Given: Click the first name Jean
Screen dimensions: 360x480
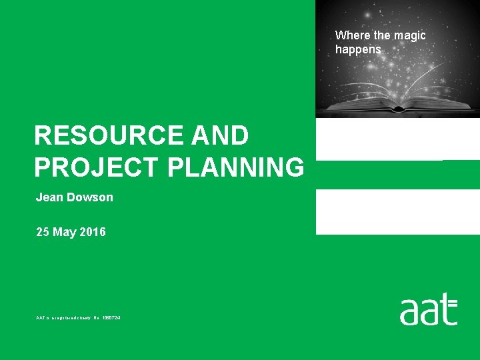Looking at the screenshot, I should point(48,197).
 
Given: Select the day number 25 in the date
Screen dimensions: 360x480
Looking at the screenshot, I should point(43,232).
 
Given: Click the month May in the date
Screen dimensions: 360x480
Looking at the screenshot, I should point(66,232).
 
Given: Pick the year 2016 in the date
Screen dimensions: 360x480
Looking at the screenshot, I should point(93,232).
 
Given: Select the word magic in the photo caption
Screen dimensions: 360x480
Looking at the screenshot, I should point(410,35).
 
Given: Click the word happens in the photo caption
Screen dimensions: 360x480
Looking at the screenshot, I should point(358,49).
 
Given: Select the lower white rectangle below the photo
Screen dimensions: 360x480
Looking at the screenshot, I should point(397,211).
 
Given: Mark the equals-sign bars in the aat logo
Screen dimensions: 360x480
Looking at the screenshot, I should point(453,303).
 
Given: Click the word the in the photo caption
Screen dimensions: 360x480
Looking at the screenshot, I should point(383,35).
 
